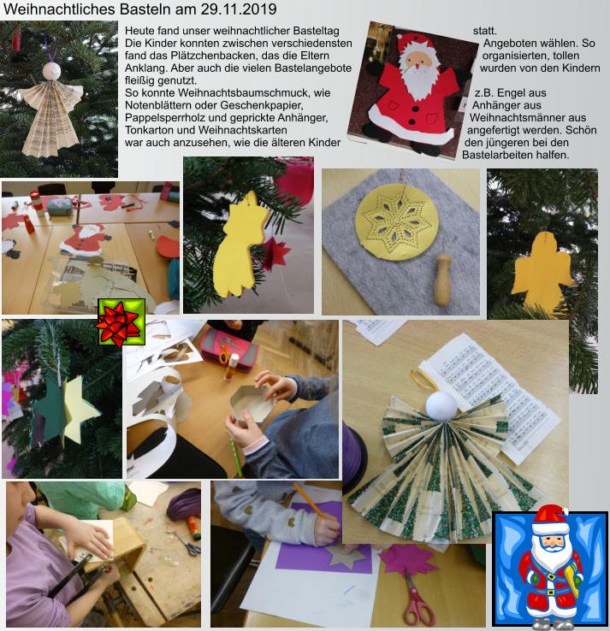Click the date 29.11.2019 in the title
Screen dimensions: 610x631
239,9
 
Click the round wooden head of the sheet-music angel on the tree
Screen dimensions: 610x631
51,71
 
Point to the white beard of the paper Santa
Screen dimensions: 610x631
419,81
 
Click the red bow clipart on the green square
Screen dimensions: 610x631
119,323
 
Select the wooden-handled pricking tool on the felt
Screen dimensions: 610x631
442,279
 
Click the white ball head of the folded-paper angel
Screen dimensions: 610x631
441,405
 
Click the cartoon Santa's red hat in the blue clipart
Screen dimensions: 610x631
550,518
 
